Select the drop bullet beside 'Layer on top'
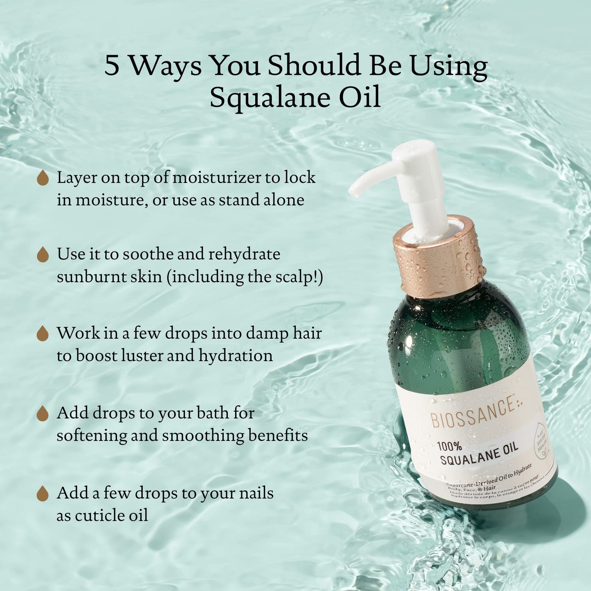[43, 178]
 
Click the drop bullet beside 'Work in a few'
[43, 334]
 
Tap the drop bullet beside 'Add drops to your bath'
[43, 413]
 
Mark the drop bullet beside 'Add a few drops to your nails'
[43, 493]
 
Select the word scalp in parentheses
[299, 277]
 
